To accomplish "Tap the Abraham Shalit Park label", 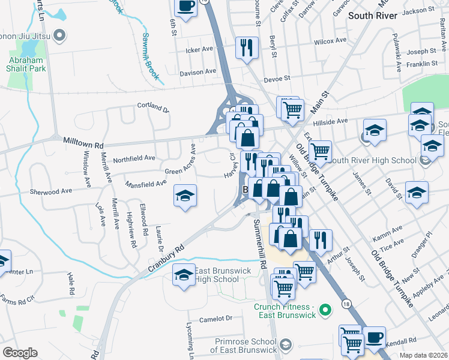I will [26, 65].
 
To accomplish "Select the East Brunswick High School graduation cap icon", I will [185, 275].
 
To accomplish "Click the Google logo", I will [20, 353].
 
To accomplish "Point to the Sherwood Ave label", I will [51, 191].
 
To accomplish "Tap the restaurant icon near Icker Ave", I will [247, 47].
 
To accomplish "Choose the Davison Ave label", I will [197, 71].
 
